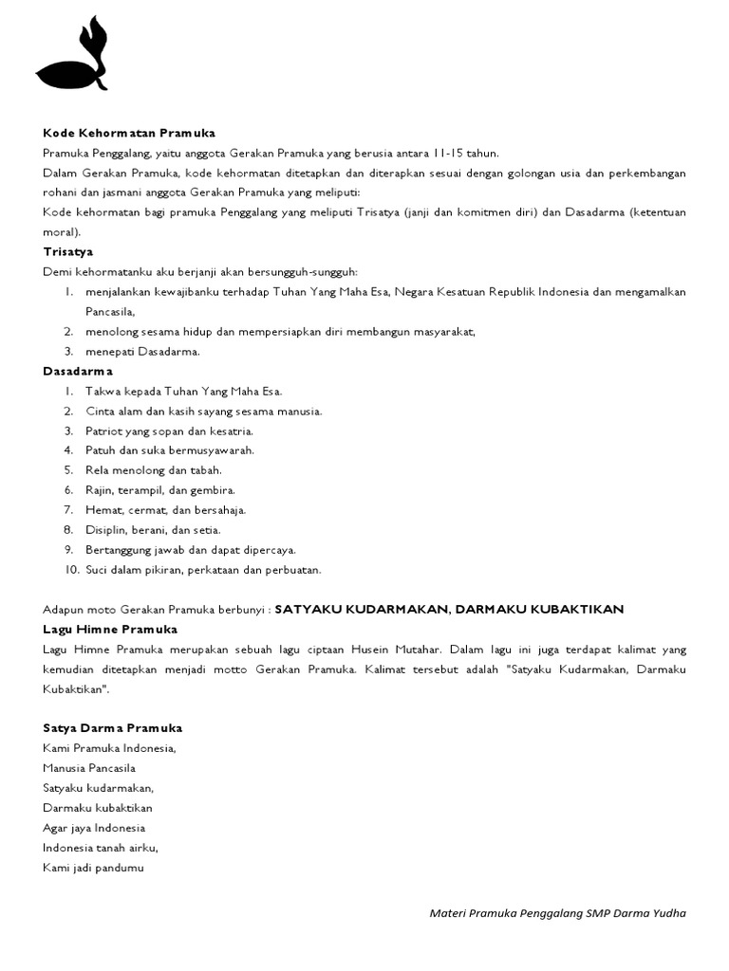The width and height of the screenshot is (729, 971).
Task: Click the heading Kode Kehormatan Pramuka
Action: pos(129,133)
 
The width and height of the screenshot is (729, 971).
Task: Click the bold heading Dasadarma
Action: pos(78,371)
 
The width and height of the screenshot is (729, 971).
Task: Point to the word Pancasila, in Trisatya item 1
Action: pos(111,311)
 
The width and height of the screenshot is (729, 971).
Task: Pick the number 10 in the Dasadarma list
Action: pos(71,570)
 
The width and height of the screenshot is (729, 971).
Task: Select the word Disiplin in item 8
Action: pos(105,530)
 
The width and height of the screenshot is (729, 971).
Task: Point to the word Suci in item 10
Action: pos(97,570)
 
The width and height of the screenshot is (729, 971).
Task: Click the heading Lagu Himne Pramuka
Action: pos(110,629)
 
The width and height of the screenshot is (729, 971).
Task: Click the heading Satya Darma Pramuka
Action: pos(113,728)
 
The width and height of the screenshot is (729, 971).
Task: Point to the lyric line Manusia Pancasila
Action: pos(89,768)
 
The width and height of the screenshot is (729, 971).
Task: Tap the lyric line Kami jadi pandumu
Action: pos(93,867)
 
